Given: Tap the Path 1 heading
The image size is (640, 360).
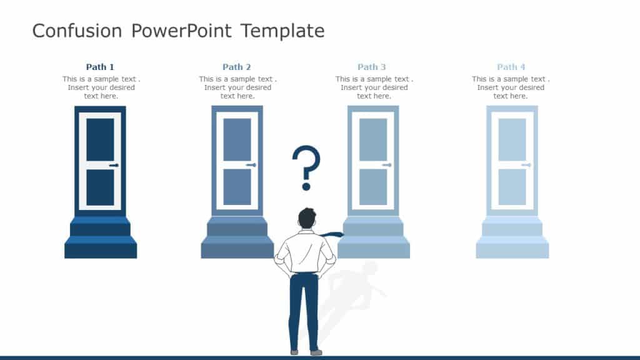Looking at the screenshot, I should click(x=100, y=67).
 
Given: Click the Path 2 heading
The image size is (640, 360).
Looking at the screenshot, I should click(x=237, y=67).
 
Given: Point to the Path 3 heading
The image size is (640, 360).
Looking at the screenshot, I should click(x=372, y=67).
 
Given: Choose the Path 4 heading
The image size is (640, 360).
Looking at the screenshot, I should click(x=511, y=67).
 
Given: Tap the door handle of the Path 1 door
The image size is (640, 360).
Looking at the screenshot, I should click(x=114, y=166).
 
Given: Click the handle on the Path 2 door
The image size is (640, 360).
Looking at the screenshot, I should click(x=251, y=166).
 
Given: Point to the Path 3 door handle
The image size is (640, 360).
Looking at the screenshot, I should click(x=387, y=166).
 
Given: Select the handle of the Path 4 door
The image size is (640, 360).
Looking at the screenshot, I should click(x=526, y=166).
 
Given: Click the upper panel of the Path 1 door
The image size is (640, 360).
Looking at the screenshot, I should click(x=100, y=139).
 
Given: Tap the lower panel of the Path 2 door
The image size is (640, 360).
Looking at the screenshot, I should click(x=237, y=187).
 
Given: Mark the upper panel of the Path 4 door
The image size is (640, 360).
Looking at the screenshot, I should click(x=512, y=139).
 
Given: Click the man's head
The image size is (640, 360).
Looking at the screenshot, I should click(x=307, y=219).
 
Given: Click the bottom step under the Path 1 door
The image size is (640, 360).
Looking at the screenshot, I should click(x=101, y=250).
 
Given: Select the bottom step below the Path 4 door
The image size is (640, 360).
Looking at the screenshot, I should click(x=512, y=250).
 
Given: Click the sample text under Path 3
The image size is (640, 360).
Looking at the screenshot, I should click(x=374, y=87).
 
